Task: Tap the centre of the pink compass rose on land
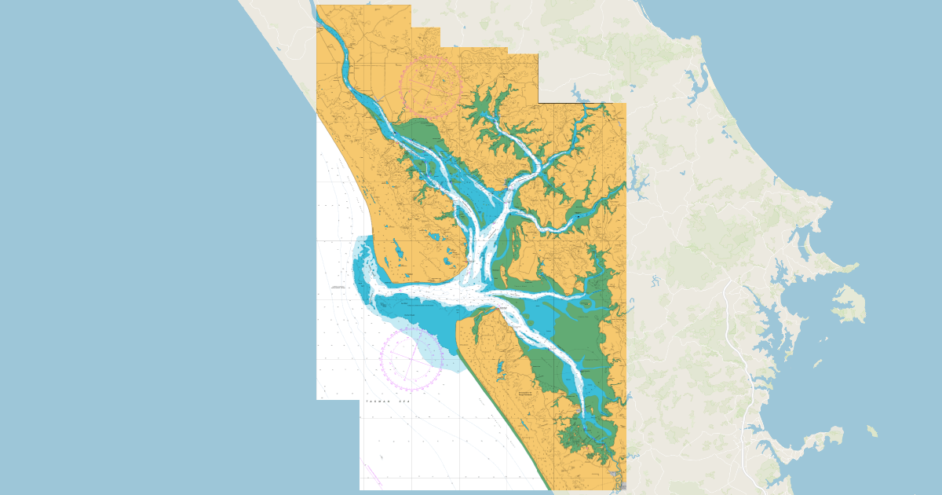point(429,86)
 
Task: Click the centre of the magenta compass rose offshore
point(411,358)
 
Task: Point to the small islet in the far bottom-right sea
point(872,431)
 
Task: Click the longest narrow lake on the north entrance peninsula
point(399,252)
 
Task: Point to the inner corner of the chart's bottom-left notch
point(360,400)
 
